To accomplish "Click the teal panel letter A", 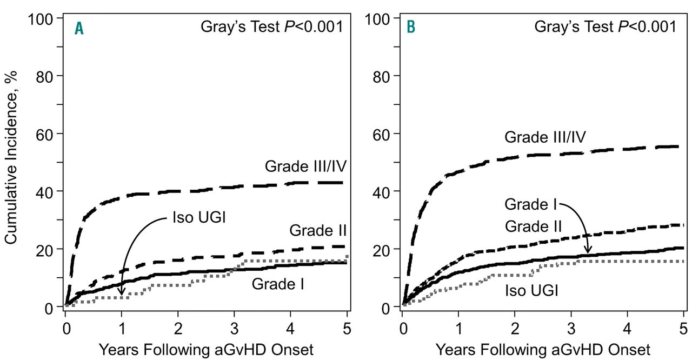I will [x=79, y=28].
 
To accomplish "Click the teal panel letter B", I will [x=411, y=26].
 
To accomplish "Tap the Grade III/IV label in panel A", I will [x=305, y=166].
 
